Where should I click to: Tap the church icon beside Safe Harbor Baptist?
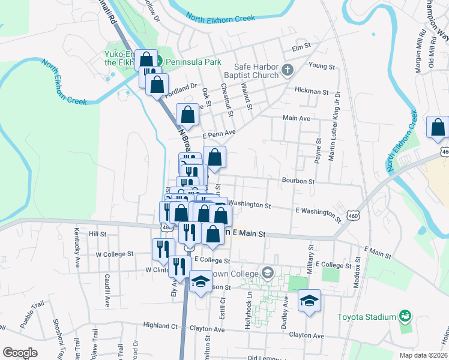tap(287, 71)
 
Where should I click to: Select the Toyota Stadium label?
tap(367, 317)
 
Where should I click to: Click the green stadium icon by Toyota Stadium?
tap(405, 316)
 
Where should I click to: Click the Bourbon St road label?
tap(298, 181)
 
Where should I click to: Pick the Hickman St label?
tap(312, 92)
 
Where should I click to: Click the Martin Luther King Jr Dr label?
tap(334, 127)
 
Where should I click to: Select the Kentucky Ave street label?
tap(77, 247)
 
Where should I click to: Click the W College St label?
tap(114, 254)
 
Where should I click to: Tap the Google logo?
tap(20, 353)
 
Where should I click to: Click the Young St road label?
tap(321, 65)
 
